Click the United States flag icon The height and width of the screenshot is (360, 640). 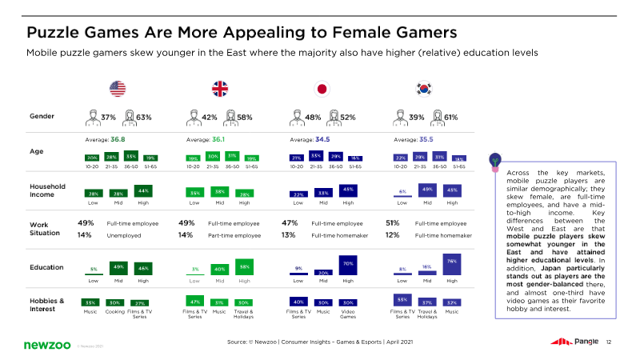pos(118,89)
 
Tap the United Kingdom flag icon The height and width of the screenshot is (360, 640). pos(219,89)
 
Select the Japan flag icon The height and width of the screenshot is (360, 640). pos(322,89)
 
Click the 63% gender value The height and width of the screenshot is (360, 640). pos(144,117)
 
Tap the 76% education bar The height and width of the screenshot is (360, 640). pos(451,267)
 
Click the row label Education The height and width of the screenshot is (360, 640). pos(46,269)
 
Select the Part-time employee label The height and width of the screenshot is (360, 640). pos(234,235)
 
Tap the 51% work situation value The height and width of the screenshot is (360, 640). pos(393,222)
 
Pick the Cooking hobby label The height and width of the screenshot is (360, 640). pos(114,314)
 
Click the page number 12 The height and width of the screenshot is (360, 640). pos(609,342)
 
